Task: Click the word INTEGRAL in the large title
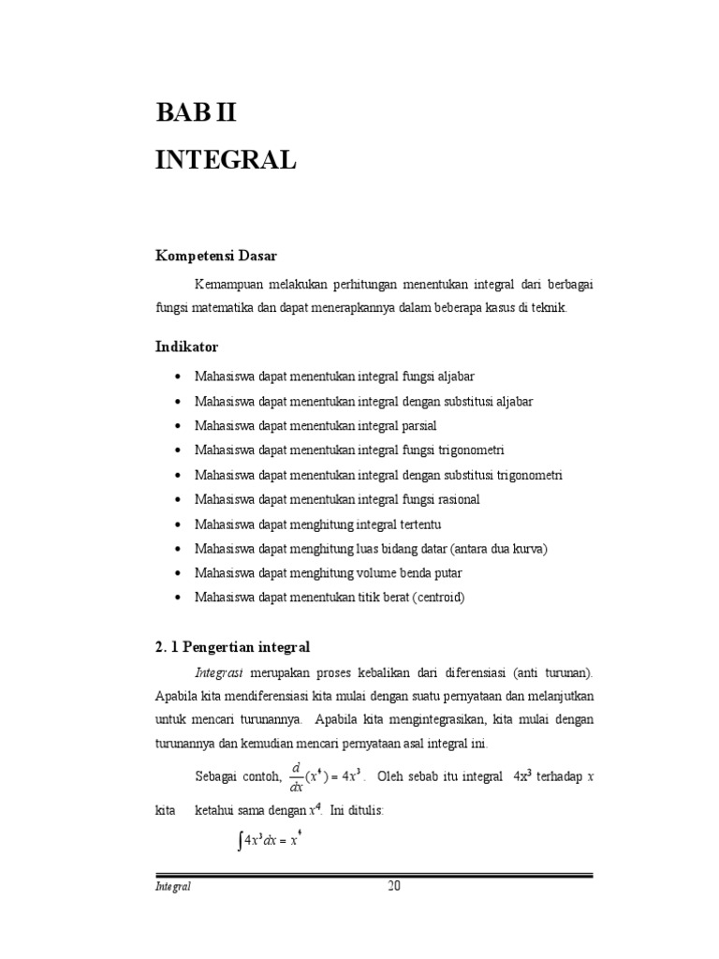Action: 226,159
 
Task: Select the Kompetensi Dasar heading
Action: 216,255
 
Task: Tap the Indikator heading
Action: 186,347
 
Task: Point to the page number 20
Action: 394,888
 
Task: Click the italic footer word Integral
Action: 173,888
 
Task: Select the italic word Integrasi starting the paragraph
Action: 219,672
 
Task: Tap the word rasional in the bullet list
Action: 456,499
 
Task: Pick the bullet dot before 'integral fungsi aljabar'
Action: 180,376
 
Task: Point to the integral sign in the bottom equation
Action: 239,841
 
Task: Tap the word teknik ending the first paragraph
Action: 549,308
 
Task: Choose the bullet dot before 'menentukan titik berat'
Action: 180,597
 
